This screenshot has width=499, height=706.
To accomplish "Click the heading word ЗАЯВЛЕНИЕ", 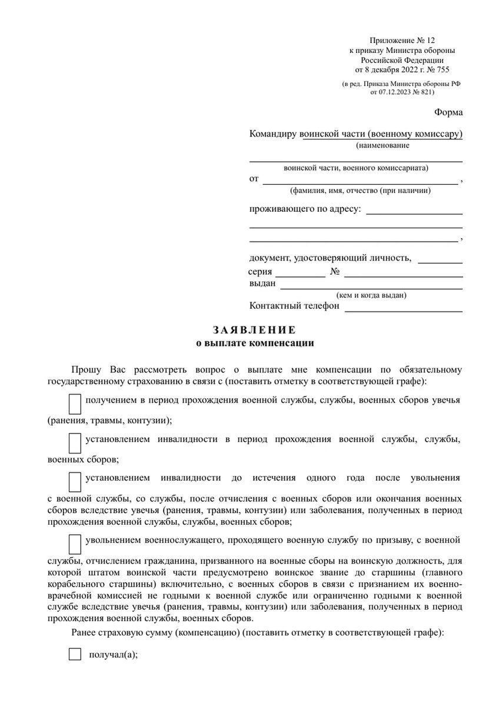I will click(x=254, y=329).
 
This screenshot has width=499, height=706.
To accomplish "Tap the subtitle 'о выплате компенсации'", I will click(x=254, y=342).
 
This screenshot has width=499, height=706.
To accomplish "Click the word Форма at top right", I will click(x=448, y=112).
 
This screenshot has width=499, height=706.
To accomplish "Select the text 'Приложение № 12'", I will click(x=402, y=41).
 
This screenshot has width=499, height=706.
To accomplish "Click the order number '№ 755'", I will click(x=437, y=69).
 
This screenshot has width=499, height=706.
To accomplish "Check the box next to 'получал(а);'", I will click(x=75, y=654).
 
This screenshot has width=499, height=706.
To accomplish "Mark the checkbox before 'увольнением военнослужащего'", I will click(x=75, y=544).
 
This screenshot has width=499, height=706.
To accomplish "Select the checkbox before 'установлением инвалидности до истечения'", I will click(x=75, y=481).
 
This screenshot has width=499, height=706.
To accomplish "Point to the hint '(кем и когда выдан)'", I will click(x=371, y=295).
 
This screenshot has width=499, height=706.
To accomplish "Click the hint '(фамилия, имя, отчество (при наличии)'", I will click(x=360, y=191).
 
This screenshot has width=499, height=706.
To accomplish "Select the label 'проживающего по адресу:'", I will click(x=305, y=209).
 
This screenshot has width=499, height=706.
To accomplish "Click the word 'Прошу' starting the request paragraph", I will click(x=87, y=369).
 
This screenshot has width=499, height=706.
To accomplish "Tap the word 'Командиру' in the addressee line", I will click(x=274, y=134).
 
